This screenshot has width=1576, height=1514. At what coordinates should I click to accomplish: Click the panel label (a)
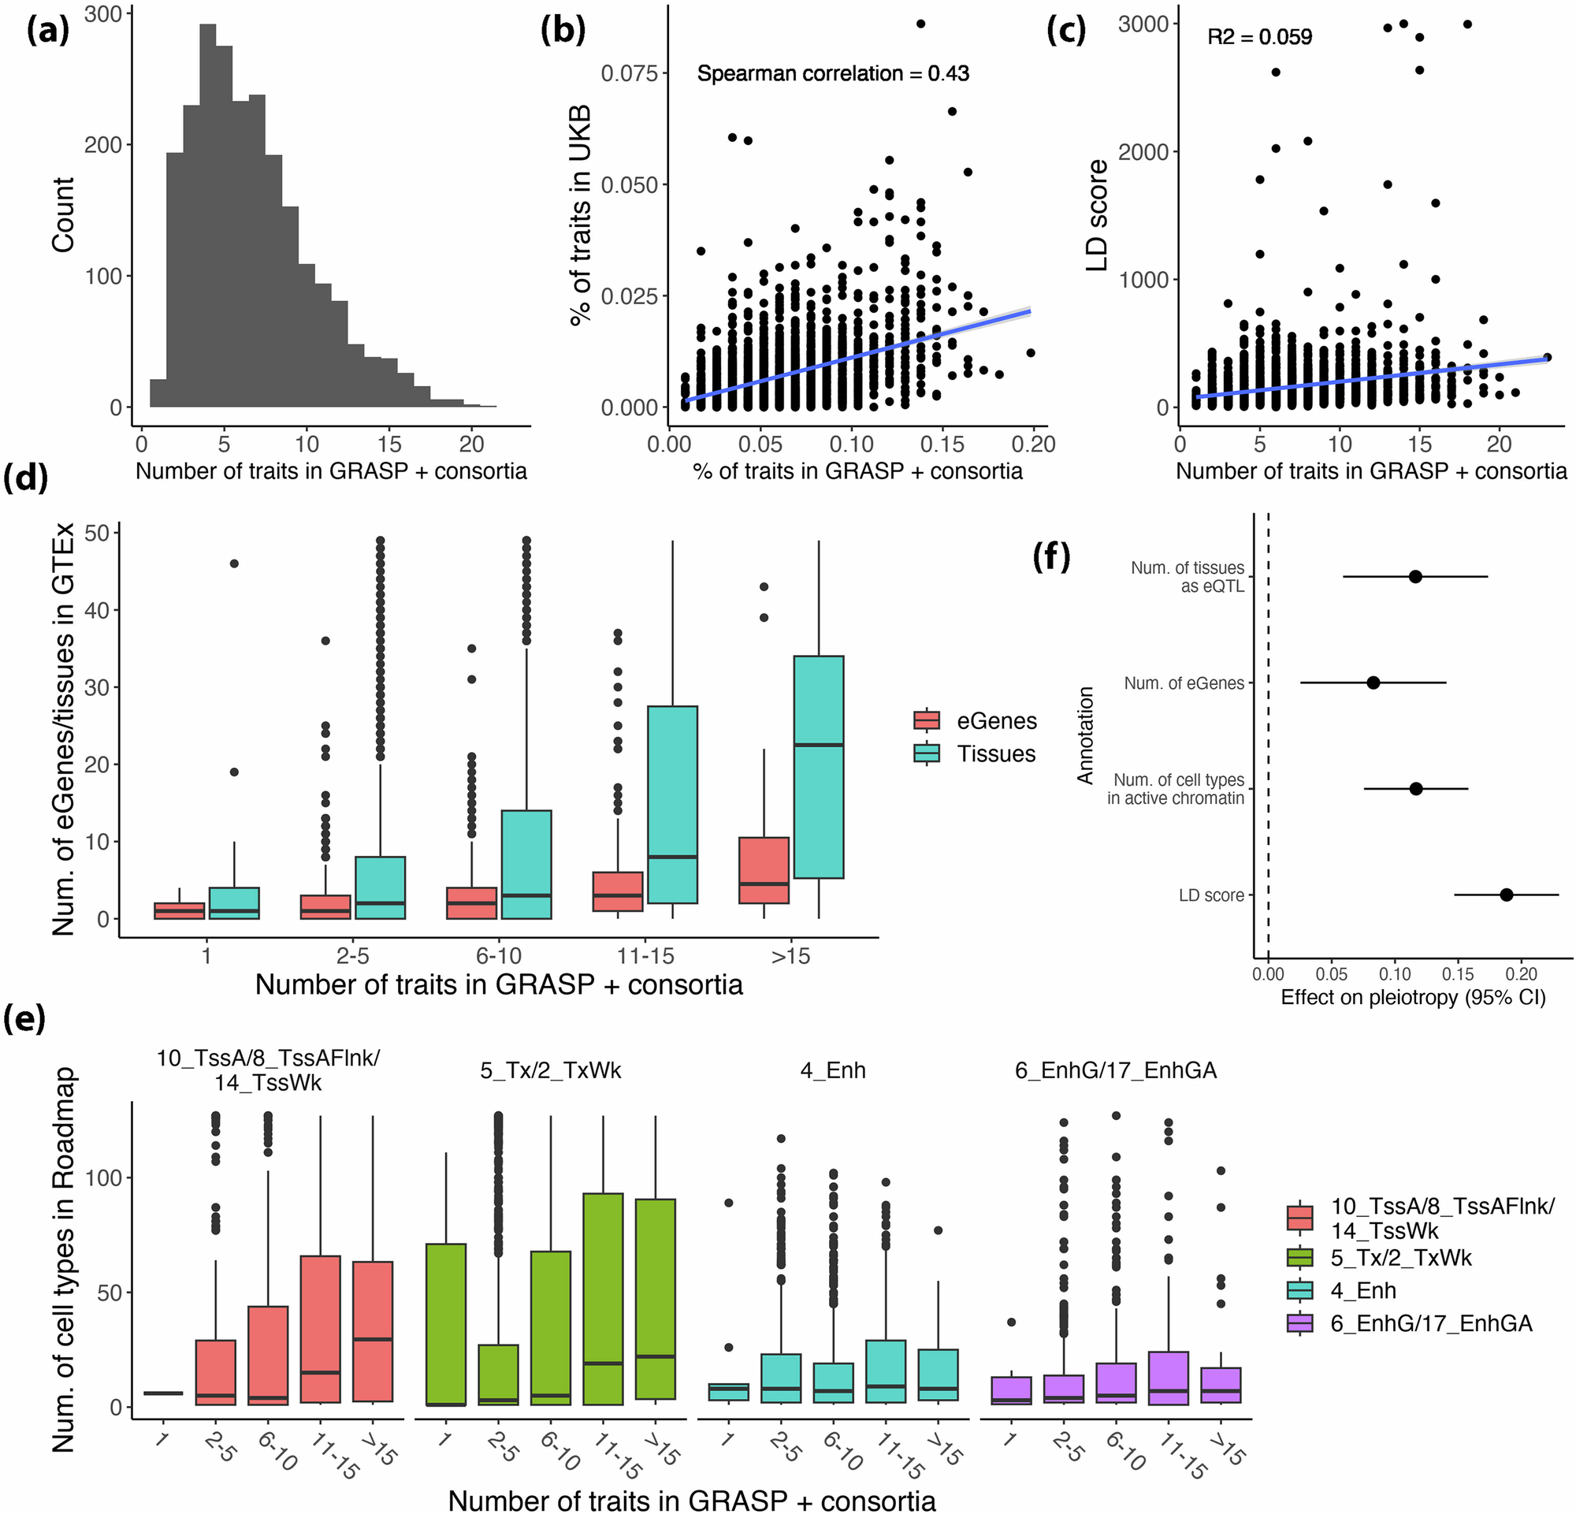click(x=47, y=32)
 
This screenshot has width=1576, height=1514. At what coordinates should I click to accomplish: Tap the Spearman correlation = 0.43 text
click(x=832, y=74)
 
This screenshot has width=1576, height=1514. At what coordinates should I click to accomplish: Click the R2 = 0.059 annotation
click(x=1259, y=37)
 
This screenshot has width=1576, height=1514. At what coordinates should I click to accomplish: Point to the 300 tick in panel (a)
click(x=103, y=14)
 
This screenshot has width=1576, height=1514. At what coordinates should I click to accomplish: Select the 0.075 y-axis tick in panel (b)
click(x=629, y=74)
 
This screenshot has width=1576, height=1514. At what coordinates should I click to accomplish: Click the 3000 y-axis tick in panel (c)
click(x=1143, y=24)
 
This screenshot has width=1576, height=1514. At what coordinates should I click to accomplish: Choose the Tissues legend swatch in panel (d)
click(x=927, y=753)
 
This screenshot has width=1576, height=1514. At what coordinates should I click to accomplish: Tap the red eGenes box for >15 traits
click(x=763, y=870)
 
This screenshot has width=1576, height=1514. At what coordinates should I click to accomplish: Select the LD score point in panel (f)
click(x=1506, y=895)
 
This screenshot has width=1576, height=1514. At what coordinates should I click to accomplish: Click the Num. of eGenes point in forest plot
click(x=1373, y=683)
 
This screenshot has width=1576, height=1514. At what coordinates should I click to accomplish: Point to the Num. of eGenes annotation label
click(x=1184, y=683)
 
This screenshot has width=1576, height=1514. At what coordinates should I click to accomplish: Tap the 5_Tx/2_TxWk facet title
click(x=551, y=1071)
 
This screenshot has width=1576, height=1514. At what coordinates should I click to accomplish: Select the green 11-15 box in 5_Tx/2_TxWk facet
click(x=603, y=1298)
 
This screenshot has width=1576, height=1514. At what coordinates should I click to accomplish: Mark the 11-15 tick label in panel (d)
click(x=645, y=956)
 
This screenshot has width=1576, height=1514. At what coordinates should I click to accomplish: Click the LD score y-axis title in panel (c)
click(x=1097, y=215)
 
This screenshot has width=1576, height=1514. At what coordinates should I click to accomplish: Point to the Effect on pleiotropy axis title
click(x=1412, y=998)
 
